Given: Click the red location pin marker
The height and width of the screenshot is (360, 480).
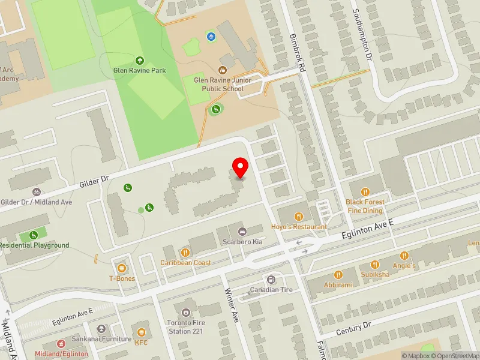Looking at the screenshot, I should pos(241,167).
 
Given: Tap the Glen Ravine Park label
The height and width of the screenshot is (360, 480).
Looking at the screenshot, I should pos(140,70).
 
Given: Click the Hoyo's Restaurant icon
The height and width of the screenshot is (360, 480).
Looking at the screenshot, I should pos(298,217).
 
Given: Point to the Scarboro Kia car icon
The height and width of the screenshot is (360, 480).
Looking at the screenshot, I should pos(242,232).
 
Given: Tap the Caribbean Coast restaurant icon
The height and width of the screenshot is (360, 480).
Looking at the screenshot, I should pos(185,253).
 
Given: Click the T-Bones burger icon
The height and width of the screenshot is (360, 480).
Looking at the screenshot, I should pos(122,268).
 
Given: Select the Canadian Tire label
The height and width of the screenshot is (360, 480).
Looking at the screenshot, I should pos(271,290).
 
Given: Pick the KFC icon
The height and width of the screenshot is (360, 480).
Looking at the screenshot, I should pos(141,332).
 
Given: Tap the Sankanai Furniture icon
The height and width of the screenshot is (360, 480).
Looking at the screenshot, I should pos(101,329).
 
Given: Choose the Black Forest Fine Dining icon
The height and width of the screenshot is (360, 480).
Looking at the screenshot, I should pos(364,193).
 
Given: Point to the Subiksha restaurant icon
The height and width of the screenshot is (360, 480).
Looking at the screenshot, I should pos(376,264).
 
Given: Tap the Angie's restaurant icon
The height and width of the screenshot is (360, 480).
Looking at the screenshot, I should pos(404,256).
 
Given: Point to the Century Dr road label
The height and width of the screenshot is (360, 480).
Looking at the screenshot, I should pos(354,328).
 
